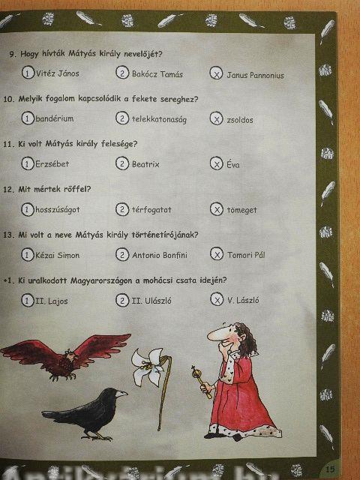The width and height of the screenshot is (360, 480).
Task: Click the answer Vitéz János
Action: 58,73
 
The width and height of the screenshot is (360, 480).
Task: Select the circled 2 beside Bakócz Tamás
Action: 122,73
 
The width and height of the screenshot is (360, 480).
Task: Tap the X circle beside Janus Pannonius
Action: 216,73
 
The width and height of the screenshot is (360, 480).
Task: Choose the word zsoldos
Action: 240,120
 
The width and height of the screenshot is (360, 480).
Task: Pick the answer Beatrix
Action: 145,164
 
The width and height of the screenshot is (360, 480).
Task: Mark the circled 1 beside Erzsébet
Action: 28,163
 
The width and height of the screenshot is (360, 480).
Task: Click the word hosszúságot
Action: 58,210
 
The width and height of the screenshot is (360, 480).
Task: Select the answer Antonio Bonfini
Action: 160,255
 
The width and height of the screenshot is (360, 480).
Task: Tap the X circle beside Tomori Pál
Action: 217,254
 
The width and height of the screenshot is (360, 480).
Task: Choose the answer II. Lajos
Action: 52,301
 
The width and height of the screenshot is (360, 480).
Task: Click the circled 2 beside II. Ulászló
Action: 122,300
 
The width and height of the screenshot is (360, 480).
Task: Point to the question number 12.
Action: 8,190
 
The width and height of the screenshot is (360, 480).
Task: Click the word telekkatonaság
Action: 159,119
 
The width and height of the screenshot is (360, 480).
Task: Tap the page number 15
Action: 330,469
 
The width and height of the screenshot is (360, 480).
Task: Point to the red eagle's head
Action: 70,356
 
